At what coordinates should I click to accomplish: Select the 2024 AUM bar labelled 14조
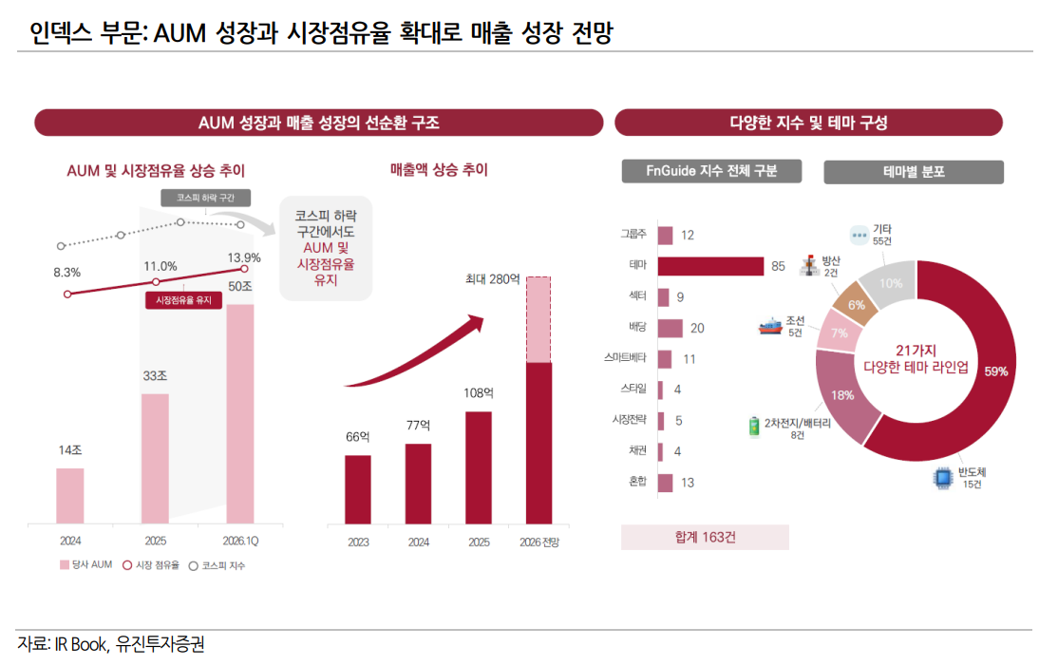coord(70,495)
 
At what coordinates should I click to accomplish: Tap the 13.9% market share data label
coord(244,257)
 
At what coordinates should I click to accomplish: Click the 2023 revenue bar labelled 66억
coord(358,489)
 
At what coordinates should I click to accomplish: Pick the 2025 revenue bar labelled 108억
coord(479,467)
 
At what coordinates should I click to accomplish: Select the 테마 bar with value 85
coord(710,266)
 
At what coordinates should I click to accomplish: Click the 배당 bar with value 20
coord(670,328)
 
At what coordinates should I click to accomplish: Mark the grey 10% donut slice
coord(889,283)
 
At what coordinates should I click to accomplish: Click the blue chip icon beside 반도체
coord(943,478)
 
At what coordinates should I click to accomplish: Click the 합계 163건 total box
coord(705,537)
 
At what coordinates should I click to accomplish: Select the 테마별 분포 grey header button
coord(913,172)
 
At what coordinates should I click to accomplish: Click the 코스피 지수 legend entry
coord(222,565)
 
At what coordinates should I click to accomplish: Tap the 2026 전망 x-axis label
coord(539,542)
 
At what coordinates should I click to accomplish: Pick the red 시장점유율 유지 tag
coord(183,300)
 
